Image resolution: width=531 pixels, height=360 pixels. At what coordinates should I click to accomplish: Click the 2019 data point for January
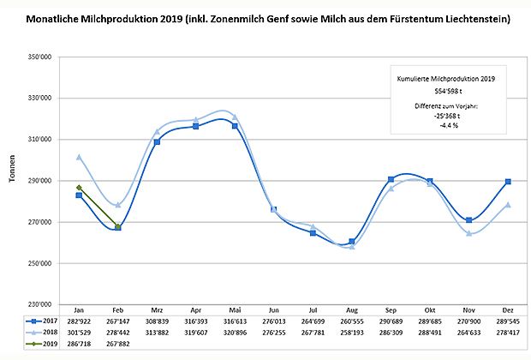[x=79, y=188]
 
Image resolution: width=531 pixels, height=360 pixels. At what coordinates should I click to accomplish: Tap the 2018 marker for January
[x=79, y=157]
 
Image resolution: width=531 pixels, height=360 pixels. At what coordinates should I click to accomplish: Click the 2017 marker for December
[x=509, y=182]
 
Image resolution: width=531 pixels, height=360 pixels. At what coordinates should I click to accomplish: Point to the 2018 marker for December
[x=509, y=205]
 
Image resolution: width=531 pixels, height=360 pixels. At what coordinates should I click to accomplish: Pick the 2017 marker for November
[x=470, y=220]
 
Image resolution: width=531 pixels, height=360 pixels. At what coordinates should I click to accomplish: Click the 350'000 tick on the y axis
[x=41, y=57]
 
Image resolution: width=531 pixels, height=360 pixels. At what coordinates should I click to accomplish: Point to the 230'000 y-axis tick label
[x=41, y=304]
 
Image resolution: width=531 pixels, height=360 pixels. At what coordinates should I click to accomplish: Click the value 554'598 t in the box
[x=447, y=90]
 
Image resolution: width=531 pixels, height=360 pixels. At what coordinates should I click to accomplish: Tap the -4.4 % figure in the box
[x=447, y=124]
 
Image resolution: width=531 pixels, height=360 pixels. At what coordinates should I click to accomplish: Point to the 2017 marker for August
[x=352, y=242]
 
